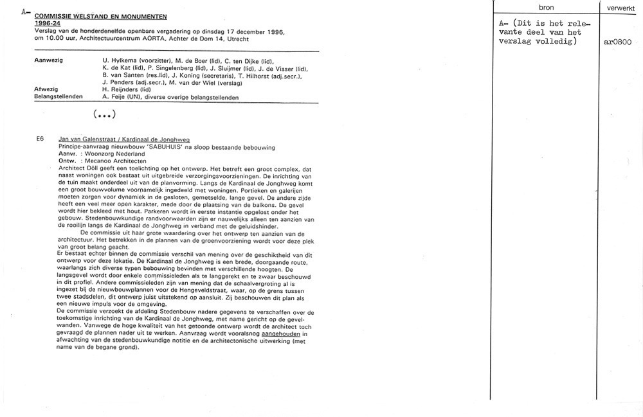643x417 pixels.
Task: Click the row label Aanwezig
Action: coord(49,60)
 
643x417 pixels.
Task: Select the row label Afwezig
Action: coord(46,89)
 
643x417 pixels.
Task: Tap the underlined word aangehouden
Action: coord(278,334)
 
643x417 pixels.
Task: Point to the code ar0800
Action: coord(618,42)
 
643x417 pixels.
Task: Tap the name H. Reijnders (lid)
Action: coord(126,89)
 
